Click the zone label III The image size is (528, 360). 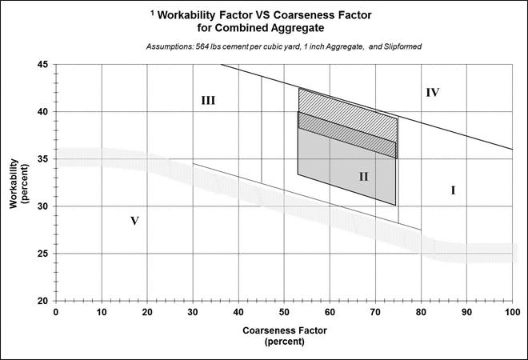208,101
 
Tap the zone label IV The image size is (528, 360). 433,93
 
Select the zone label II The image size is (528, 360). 363,176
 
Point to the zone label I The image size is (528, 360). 453,190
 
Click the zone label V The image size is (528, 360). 134,220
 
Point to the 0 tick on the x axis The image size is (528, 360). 55,310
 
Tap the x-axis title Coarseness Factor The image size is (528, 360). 286,329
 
